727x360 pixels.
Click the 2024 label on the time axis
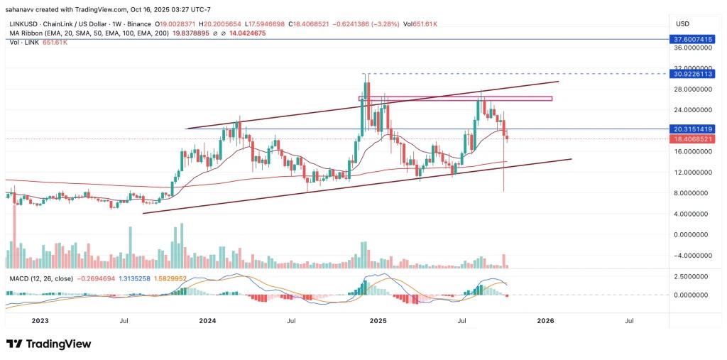tap(207, 321)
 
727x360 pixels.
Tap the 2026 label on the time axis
tap(545, 321)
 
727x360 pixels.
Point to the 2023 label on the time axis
tap(40, 321)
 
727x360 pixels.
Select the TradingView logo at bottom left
tap(50, 344)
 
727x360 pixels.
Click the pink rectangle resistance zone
tap(454, 98)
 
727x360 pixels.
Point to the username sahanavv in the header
tap(23, 11)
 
